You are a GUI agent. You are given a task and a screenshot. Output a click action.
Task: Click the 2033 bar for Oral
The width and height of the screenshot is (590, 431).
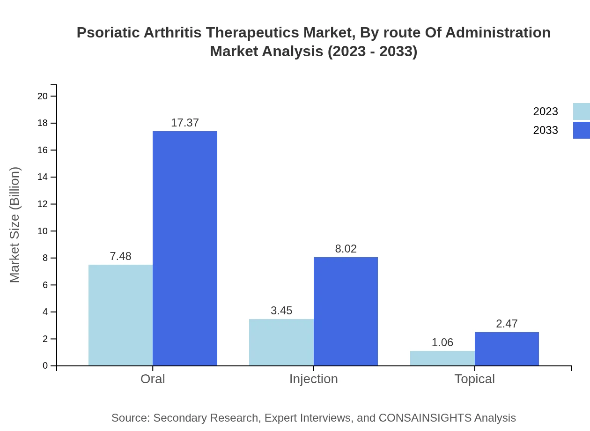coord(185,248)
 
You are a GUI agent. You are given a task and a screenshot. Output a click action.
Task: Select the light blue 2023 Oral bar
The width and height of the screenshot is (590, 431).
coord(120,315)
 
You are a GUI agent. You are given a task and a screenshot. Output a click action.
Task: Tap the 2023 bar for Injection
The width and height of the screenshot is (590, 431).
coord(281,342)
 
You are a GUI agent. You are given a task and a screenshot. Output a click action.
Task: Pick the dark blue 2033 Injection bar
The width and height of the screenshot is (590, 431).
coord(346,311)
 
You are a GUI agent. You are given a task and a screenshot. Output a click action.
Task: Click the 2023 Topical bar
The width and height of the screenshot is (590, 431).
coord(442,358)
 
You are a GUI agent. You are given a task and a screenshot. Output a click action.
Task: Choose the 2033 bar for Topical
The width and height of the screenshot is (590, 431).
coord(507,349)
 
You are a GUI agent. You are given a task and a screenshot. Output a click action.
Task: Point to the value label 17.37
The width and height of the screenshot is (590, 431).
coord(185,123)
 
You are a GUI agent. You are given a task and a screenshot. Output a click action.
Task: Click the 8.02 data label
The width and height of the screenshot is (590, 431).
coord(346,249)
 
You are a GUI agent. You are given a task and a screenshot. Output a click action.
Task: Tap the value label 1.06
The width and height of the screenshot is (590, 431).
coord(442,342)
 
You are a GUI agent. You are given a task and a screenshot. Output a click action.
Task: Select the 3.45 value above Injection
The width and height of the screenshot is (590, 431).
coord(281,311)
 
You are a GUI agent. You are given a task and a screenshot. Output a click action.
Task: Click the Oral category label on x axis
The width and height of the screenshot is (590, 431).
coord(153,379)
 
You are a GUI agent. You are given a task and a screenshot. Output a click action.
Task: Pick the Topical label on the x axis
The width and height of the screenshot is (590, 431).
coord(474,379)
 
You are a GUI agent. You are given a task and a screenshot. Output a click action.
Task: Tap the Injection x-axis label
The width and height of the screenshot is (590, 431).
coord(313,379)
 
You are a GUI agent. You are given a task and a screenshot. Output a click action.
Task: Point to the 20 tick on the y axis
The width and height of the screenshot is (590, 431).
coord(43,96)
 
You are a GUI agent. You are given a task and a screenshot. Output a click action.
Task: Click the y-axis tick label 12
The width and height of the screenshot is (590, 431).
coord(43,204)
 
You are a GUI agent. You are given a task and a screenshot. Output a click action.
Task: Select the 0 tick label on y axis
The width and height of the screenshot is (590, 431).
coord(45,365)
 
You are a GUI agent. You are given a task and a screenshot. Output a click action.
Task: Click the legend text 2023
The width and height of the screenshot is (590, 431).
coord(546,111)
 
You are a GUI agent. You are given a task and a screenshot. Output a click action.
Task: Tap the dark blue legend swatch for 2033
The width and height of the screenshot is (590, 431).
coord(582,130)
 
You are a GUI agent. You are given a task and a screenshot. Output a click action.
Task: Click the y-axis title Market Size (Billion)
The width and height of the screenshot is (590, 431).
coord(15,225)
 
